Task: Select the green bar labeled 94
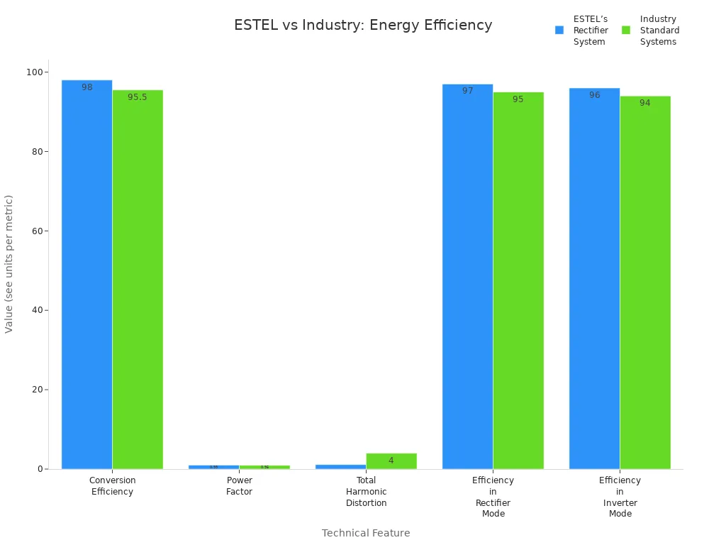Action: coord(645,284)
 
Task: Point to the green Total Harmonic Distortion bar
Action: coord(391,461)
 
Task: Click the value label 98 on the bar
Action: coord(87,87)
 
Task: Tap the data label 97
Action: coord(467,91)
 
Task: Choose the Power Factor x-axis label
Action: coord(239,486)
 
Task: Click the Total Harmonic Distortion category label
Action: coord(366,492)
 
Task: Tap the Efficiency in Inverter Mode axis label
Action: coord(620,497)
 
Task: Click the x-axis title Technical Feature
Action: coord(366,533)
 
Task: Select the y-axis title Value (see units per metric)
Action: coord(9,263)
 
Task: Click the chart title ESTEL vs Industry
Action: coord(363,26)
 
